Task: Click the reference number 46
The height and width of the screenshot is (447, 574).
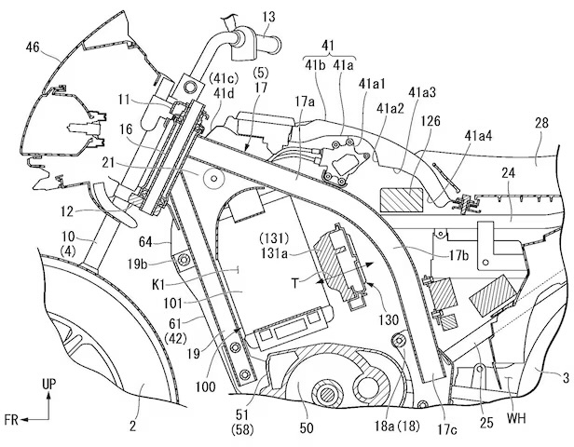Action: coord(34,47)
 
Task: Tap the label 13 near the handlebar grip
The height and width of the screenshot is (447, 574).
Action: coord(268,17)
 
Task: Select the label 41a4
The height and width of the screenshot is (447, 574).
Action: coord(478,136)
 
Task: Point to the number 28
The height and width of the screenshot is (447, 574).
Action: coord(541,123)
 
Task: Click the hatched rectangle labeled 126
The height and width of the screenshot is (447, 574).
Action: coord(402,199)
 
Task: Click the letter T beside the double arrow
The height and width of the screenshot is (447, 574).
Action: coord(295,283)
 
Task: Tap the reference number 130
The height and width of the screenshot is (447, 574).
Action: coord(388,319)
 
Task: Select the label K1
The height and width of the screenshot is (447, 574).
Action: coord(158,284)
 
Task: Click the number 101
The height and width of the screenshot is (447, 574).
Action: coord(173,303)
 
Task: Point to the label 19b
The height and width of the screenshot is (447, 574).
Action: coord(138,264)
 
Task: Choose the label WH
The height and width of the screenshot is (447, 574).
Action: coord(516,418)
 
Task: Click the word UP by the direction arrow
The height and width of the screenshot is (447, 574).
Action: coord(49,385)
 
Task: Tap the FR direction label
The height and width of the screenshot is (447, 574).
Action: coord(11,420)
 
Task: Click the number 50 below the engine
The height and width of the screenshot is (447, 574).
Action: coord(306,427)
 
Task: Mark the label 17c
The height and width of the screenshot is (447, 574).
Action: coord(446,429)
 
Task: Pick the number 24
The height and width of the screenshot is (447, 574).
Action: coord(509,172)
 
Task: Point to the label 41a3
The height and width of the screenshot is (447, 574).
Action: coord(421,92)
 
